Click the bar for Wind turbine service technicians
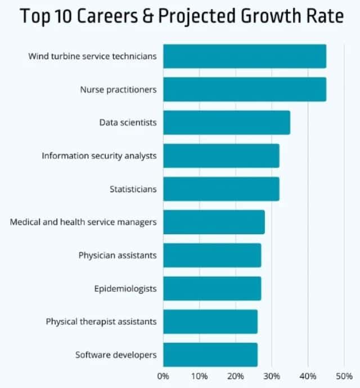coord(245,56)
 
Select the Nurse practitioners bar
coord(245,90)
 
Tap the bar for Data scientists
coord(227,122)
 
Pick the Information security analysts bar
coord(221,155)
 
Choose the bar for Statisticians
coord(221,189)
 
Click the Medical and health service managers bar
coord(214,222)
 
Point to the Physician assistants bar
coord(212,255)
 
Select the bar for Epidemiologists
coord(212,288)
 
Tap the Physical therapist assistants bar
coord(210,322)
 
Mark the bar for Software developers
coord(210,355)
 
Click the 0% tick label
coord(163,376)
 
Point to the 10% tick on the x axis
coord(199,376)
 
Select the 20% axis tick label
coord(236,376)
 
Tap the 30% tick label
coord(272,376)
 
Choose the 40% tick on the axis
coord(308,376)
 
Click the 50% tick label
coord(344,376)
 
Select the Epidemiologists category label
coord(125,289)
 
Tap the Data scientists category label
coord(128,122)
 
